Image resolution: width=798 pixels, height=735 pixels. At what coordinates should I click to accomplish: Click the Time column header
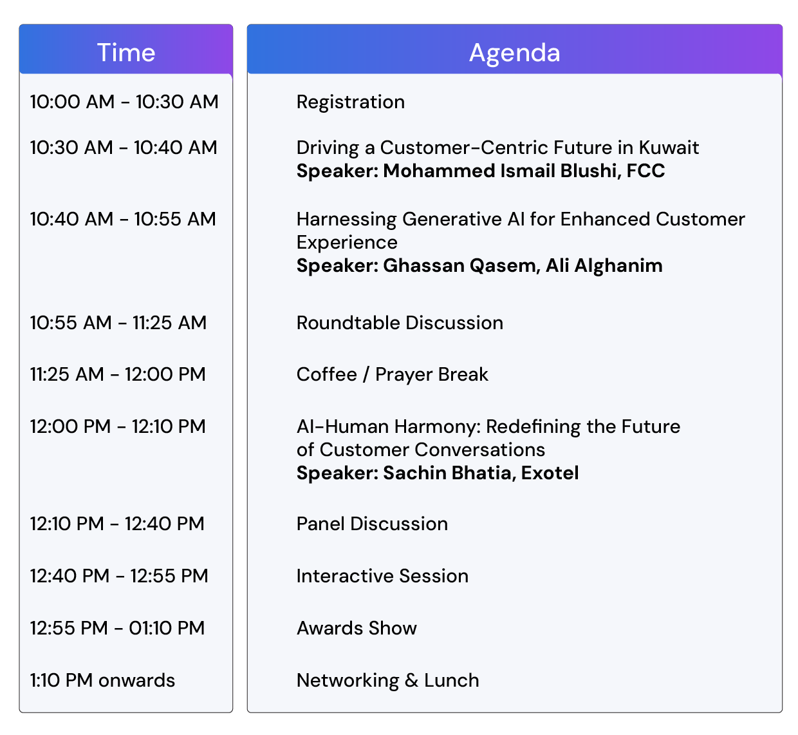coord(125,52)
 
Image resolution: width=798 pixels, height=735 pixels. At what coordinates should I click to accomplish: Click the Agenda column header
coord(514,53)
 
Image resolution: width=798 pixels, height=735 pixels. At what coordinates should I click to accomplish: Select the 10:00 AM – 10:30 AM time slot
coord(124,102)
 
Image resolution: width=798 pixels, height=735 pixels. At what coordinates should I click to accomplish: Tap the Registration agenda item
coord(351,102)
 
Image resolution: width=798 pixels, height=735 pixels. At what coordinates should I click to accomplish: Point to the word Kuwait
coord(668,148)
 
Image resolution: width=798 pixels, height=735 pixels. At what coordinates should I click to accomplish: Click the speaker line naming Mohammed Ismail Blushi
coord(481,171)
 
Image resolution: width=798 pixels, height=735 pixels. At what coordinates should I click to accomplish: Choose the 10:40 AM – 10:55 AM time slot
coord(123,219)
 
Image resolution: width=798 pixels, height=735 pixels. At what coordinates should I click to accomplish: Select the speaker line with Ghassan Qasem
coord(479,265)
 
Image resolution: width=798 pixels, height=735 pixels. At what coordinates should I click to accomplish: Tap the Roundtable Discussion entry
coord(400,323)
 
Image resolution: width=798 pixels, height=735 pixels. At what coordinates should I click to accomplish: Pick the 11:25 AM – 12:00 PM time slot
coord(118,374)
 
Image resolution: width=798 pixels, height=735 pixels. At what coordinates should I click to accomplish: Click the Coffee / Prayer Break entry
coord(392,374)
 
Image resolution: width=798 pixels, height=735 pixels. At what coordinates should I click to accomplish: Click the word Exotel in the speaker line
coord(550,473)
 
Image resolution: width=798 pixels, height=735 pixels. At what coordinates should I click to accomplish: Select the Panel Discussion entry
coord(372,524)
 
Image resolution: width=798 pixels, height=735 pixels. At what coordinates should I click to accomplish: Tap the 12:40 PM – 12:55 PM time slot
coord(119,576)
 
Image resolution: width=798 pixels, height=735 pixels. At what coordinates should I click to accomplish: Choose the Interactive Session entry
coord(382,576)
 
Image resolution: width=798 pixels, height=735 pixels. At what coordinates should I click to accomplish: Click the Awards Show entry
coord(357,628)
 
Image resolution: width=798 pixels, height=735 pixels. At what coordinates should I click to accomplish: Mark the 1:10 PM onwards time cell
coord(102,680)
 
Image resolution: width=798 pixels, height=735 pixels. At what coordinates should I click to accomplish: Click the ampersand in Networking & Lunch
coord(411,680)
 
